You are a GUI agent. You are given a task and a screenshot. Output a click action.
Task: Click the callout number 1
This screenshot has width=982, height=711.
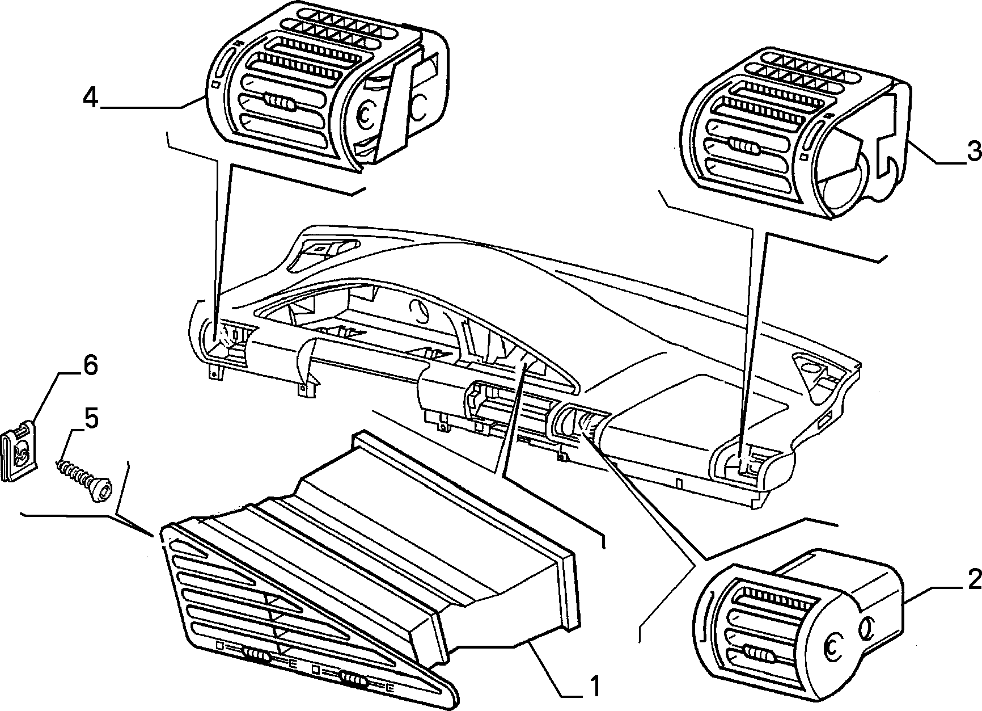594,685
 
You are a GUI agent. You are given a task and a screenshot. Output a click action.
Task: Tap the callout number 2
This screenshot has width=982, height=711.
973,580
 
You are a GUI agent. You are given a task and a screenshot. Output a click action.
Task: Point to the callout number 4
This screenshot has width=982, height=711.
91,98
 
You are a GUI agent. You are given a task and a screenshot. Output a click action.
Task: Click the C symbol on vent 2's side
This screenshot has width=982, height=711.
831,644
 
